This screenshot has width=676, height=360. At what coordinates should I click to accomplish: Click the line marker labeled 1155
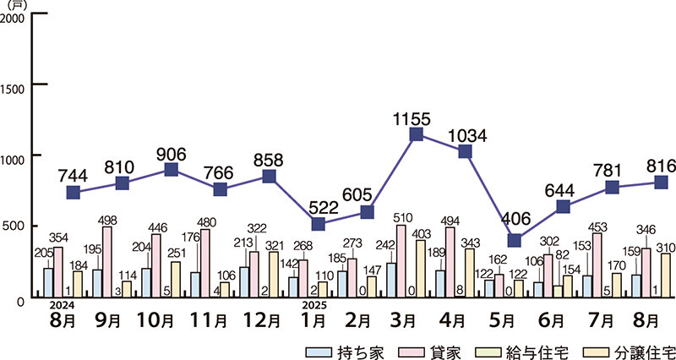tap(416, 134)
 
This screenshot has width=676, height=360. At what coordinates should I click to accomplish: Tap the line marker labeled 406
tap(514, 240)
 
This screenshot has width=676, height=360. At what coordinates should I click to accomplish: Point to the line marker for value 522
tap(318, 224)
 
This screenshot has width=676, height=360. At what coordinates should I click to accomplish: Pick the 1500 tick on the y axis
tap(14, 85)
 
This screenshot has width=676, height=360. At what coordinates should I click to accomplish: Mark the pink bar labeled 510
tap(401, 261)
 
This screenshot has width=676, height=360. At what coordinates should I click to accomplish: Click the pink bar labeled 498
tap(106, 262)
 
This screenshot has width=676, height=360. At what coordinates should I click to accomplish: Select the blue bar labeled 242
tap(391, 280)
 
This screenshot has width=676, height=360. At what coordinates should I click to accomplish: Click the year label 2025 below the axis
tap(313, 305)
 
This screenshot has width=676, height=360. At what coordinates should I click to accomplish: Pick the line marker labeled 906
tap(171, 170)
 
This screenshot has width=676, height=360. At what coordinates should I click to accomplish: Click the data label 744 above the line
tap(73, 175)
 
